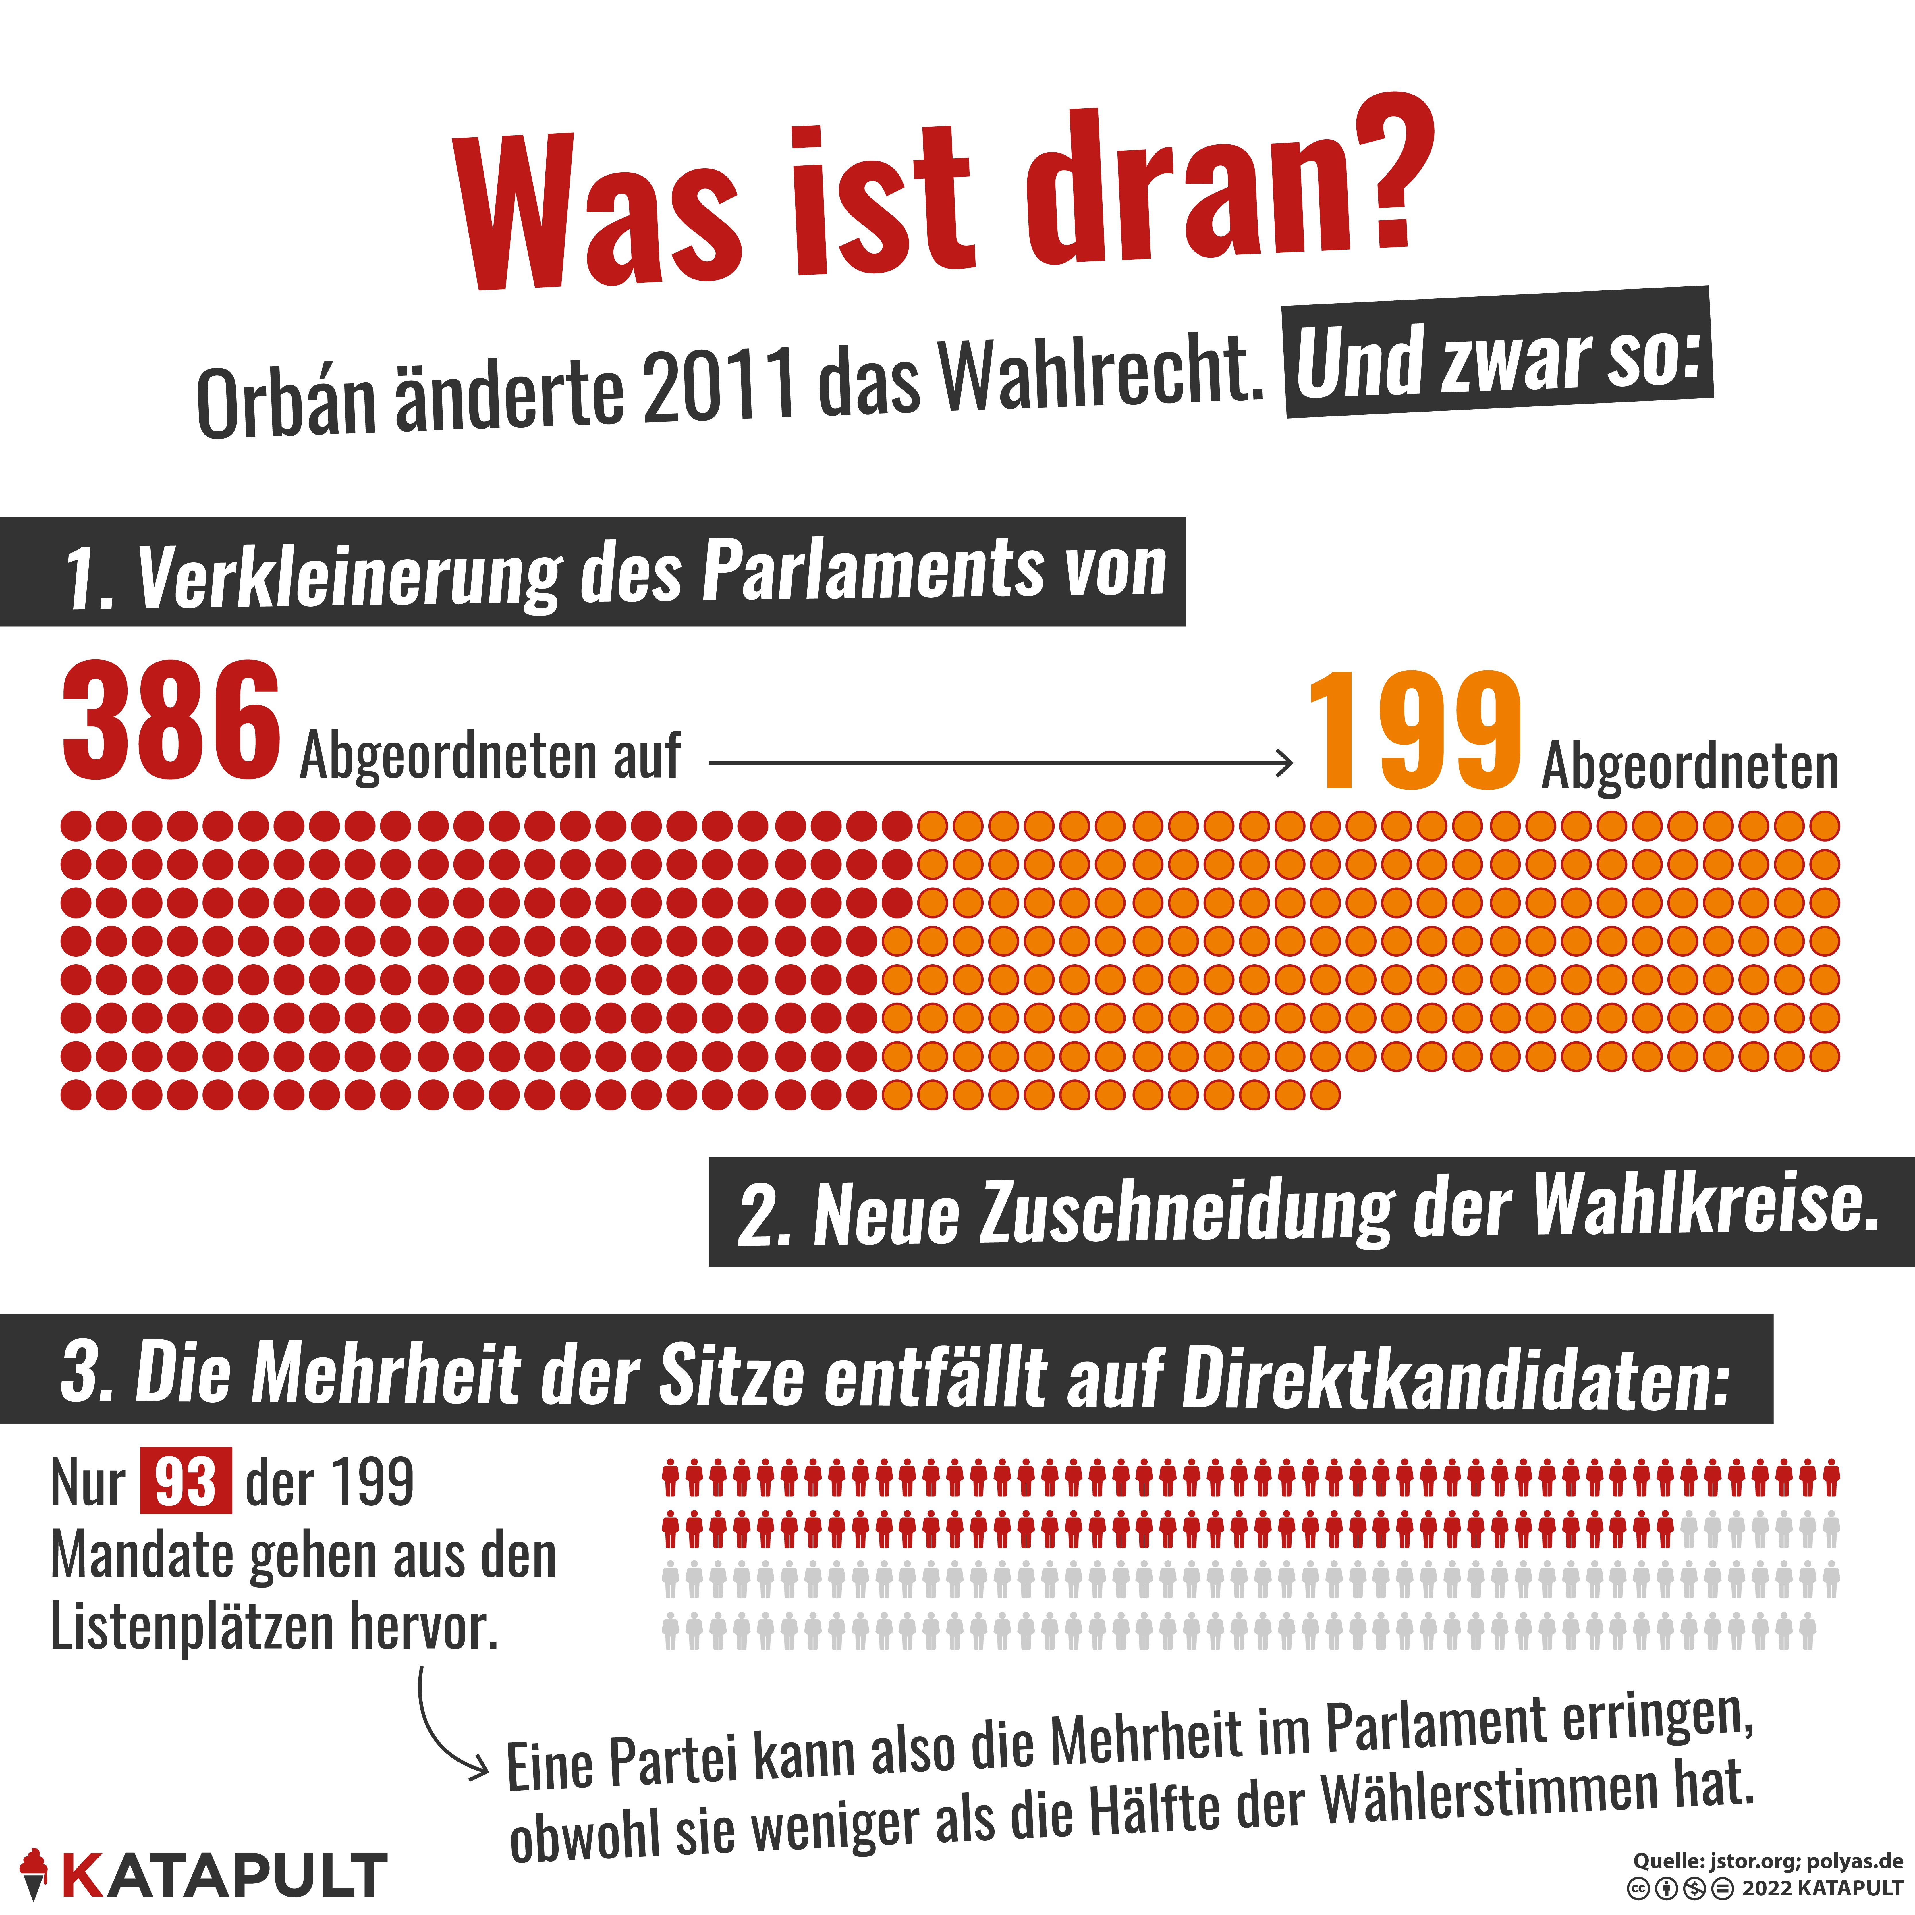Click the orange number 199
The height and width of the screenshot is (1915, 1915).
1414,732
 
